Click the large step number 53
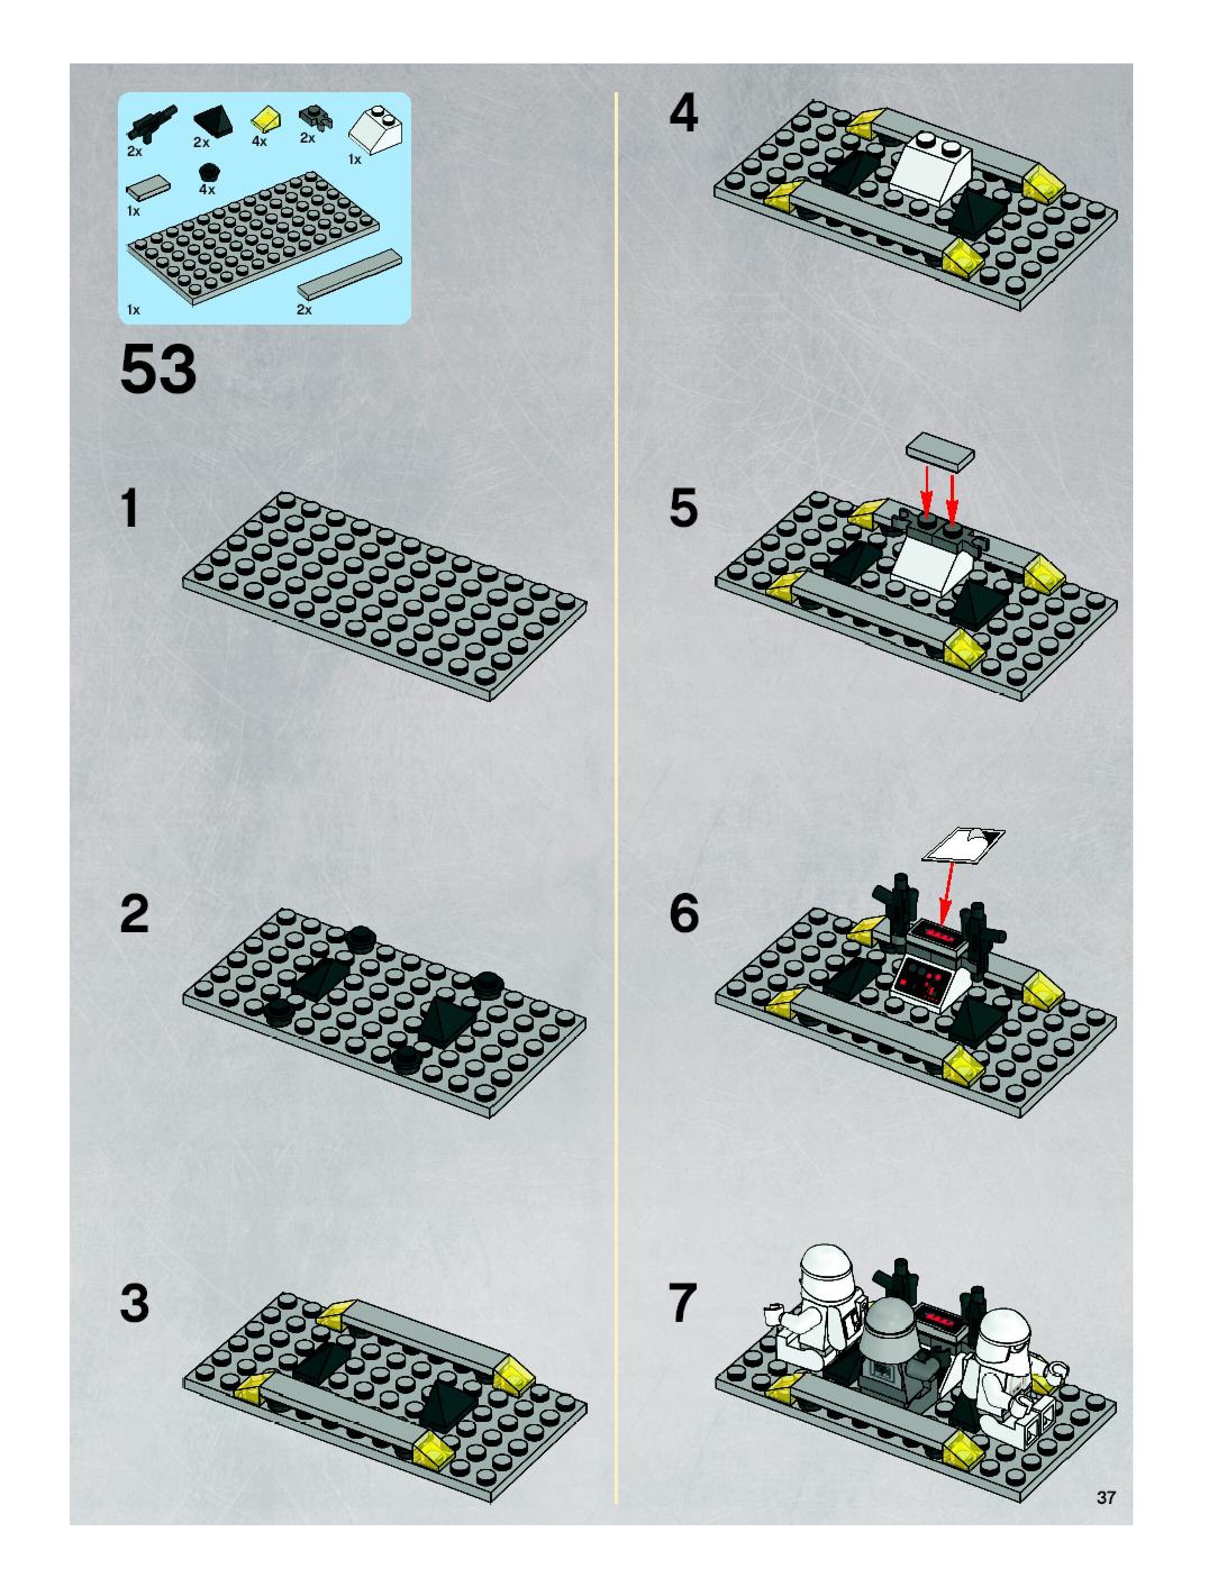point(158,369)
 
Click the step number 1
point(130,508)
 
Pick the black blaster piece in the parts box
point(151,122)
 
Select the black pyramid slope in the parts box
point(213,119)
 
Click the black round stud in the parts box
point(208,172)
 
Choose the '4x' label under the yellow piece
point(259,142)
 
